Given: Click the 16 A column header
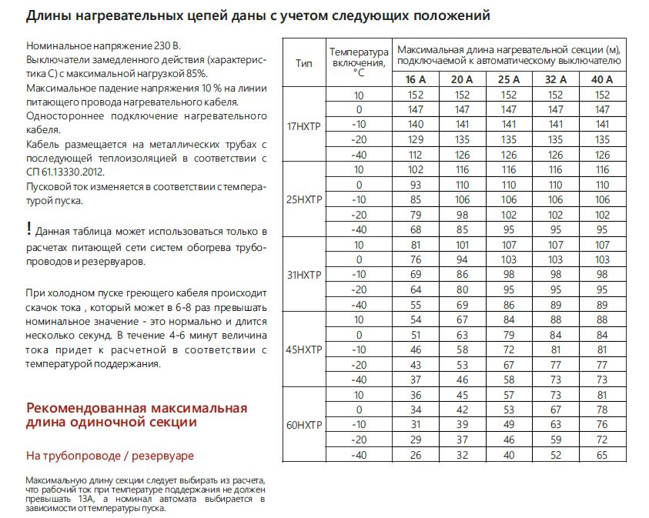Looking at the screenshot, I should point(416,79).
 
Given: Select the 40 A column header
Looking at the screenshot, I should point(601,79).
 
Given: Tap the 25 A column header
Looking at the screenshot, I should point(508,79).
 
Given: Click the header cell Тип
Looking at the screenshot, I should point(303,62).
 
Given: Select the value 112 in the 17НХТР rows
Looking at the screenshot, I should point(416,154).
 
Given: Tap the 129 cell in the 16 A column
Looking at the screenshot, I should point(416,139).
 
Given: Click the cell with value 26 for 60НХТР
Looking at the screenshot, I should point(416,455).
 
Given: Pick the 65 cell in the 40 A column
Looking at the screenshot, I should point(601,455).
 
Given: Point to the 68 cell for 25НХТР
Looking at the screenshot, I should point(416,229).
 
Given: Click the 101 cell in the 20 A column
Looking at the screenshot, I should point(462,245).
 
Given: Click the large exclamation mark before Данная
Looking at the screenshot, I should point(28,229).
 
